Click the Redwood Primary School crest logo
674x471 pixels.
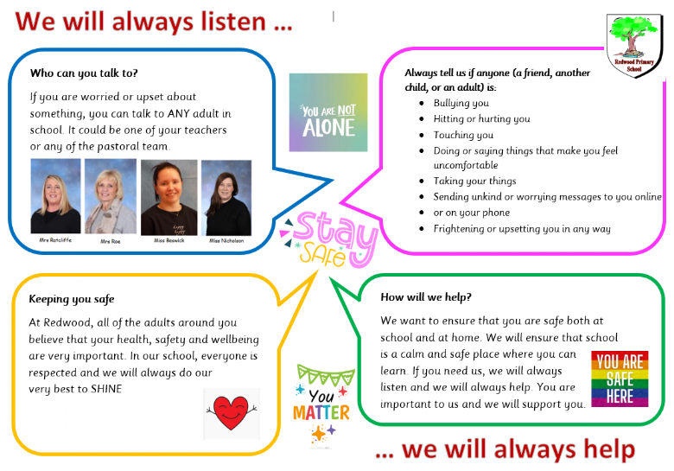coord(634,46)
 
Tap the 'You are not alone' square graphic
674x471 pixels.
coord(328,112)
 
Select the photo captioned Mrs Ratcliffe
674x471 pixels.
coord(55,196)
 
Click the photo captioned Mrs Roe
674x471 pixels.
coord(111,196)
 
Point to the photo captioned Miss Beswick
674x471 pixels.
coord(168,197)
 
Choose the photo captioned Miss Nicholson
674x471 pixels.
coord(226,198)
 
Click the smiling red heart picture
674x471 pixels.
coord(232,413)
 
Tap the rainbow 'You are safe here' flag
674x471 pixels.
coord(620,379)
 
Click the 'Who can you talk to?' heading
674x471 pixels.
coord(84,73)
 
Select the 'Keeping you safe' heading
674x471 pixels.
coord(72,299)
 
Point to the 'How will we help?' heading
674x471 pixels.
coord(426,297)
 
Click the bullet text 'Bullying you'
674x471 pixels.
coord(461,103)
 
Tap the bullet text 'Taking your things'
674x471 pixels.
coord(474,181)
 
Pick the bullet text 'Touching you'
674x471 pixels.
coord(463,135)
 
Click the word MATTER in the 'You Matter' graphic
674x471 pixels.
coord(321,413)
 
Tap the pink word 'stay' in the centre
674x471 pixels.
coord(335,233)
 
